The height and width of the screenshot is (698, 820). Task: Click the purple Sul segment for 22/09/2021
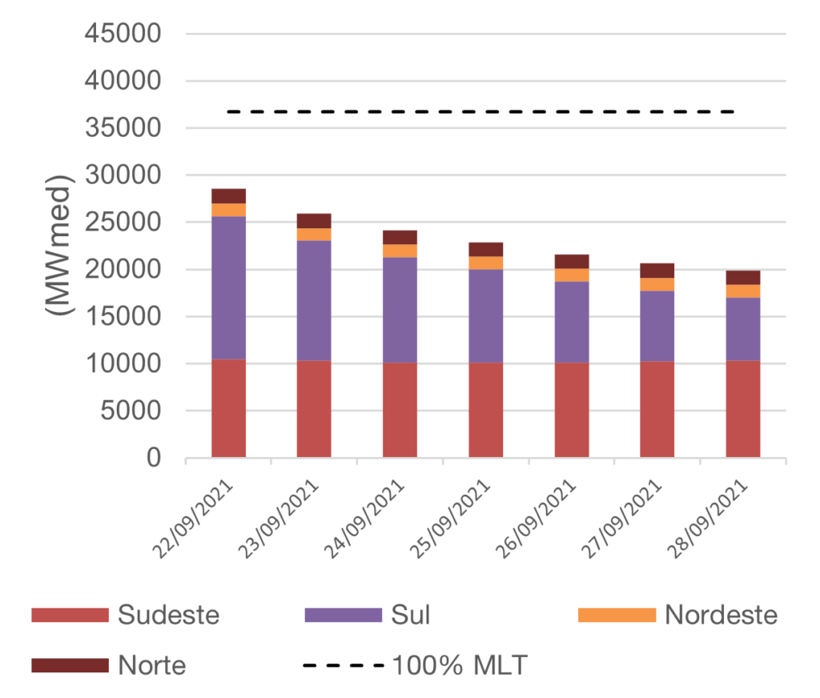(x=229, y=288)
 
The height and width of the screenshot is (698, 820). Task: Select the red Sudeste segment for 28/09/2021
(x=743, y=409)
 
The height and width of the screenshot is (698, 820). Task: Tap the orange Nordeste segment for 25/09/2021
(x=486, y=263)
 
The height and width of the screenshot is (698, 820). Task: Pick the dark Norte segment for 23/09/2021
(x=314, y=220)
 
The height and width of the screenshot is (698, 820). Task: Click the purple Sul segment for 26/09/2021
(x=572, y=322)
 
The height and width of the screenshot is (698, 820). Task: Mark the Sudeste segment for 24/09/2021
(x=400, y=410)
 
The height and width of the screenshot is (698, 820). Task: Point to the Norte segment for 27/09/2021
(x=657, y=270)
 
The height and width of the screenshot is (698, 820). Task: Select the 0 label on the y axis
(x=154, y=459)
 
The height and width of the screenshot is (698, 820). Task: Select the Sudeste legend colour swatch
(x=70, y=615)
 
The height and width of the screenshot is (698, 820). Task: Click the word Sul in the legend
(x=410, y=615)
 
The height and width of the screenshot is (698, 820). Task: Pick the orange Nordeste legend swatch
(x=617, y=615)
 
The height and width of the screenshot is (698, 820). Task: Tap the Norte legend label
(x=152, y=665)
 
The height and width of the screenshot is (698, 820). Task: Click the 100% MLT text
(x=460, y=665)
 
